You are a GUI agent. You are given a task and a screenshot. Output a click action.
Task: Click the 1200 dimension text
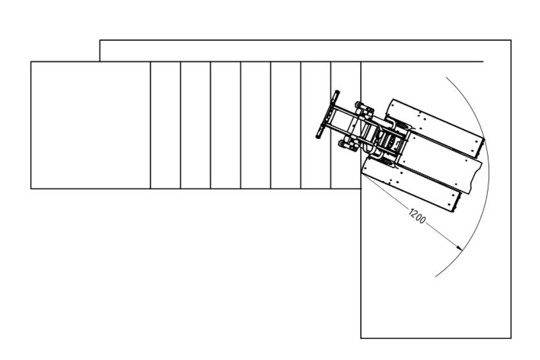pyautogui.click(x=417, y=216)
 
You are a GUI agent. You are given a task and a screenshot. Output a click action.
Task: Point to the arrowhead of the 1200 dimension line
pyautogui.click(x=459, y=247)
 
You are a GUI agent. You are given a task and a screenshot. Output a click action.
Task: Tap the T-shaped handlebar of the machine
pyautogui.click(x=328, y=115)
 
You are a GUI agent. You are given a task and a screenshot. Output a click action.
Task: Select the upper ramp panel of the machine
pyautogui.click(x=435, y=126)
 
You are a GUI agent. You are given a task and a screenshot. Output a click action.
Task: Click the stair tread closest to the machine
pyautogui.click(x=346, y=126)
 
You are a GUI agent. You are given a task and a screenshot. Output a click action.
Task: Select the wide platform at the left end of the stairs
pyautogui.click(x=91, y=126)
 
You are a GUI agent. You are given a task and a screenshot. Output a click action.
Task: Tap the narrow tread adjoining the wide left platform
pyautogui.click(x=165, y=126)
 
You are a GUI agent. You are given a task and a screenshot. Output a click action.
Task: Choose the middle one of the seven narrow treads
pyautogui.click(x=256, y=126)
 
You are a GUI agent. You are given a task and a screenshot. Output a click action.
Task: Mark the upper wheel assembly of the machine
pyautogui.click(x=363, y=110)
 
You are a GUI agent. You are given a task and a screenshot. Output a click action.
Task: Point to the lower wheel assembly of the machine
pyautogui.click(x=349, y=145)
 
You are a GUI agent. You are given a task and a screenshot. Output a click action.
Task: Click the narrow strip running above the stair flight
pyautogui.click(x=291, y=51)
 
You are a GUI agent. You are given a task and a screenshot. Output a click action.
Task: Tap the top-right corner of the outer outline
pyautogui.click(x=511, y=40)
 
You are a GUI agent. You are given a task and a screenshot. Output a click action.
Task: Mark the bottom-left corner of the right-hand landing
pyautogui.click(x=361, y=338)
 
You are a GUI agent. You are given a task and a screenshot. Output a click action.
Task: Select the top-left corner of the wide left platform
pyautogui.click(x=31, y=62)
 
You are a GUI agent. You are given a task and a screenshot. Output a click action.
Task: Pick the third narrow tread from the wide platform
pyautogui.click(x=226, y=126)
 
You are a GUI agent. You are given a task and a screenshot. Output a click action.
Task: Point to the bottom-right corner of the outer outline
pyautogui.click(x=511, y=338)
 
